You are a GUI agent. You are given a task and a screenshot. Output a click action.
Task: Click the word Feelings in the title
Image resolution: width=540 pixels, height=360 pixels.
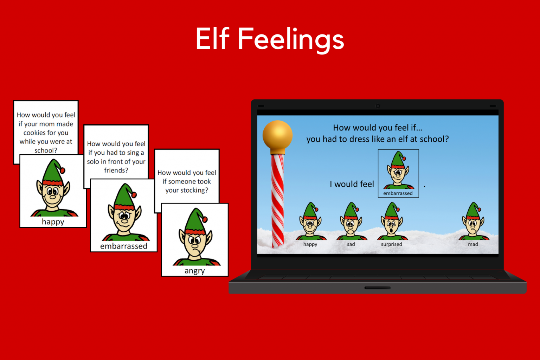pyautogui.click(x=291, y=39)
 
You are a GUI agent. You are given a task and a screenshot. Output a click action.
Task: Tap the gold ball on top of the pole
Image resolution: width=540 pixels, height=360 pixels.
pyautogui.click(x=277, y=135)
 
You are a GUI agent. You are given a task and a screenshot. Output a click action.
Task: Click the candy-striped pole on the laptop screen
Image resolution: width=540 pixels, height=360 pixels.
pyautogui.click(x=277, y=200)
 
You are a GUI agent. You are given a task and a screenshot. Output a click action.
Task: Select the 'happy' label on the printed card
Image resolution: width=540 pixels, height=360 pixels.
pyautogui.click(x=53, y=222)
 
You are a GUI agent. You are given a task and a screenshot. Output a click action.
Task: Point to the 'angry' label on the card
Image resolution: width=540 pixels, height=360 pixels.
pyautogui.click(x=194, y=271)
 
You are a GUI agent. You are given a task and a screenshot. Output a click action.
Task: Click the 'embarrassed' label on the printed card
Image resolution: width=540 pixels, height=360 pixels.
pyautogui.click(x=124, y=246)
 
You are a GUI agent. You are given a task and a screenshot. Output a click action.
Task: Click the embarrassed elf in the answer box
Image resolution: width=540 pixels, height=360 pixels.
pyautogui.click(x=398, y=171)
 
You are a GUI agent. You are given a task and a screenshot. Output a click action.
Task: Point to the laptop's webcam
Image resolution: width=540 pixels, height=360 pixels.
pyautogui.click(x=378, y=106)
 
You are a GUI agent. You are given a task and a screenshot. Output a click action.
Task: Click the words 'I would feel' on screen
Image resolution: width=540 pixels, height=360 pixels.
pyautogui.click(x=352, y=184)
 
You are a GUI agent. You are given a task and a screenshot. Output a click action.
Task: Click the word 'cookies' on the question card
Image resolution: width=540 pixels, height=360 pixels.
pyautogui.click(x=34, y=133)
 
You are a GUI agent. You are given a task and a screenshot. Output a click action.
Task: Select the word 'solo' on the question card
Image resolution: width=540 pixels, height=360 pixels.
pyautogui.click(x=93, y=162)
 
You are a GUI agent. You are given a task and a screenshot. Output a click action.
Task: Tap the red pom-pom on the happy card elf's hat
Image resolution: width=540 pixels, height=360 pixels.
pyautogui.click(x=63, y=171)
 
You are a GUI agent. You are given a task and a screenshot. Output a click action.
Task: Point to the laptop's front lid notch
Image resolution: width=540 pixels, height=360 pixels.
pyautogui.click(x=377, y=288)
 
